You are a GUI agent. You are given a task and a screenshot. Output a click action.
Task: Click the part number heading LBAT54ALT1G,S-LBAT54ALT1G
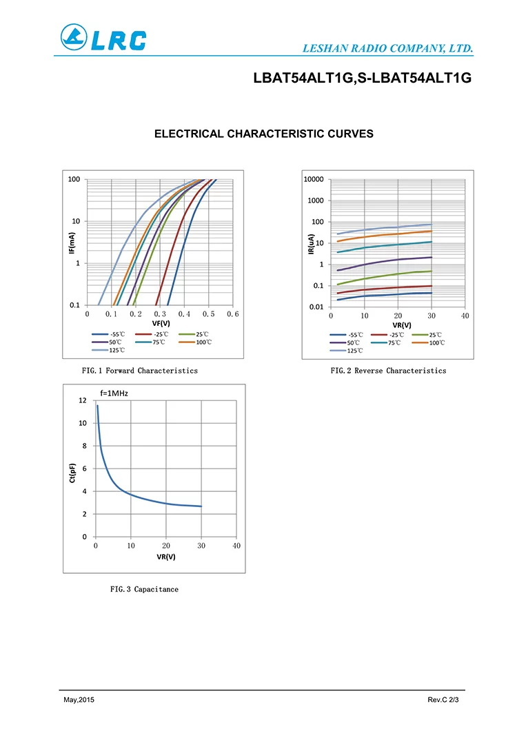(x=362, y=79)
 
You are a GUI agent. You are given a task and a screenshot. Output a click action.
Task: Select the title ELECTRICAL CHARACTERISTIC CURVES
(x=264, y=134)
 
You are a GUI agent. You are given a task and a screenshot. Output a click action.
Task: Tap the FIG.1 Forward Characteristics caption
(x=140, y=371)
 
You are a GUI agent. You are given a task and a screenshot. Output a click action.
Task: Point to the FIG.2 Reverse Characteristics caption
(x=388, y=371)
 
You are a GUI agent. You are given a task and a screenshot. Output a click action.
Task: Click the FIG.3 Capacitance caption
(x=144, y=589)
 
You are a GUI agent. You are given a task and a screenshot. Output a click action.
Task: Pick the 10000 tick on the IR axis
(x=313, y=179)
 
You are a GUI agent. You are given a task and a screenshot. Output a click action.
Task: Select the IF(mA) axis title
(x=72, y=242)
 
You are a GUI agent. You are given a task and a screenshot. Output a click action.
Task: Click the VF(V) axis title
(x=160, y=323)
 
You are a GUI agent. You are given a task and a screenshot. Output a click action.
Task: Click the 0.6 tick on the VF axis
(x=232, y=314)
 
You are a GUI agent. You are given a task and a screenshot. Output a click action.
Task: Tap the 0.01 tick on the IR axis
(x=314, y=307)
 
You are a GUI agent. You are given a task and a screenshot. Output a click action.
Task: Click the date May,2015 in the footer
(x=79, y=700)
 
